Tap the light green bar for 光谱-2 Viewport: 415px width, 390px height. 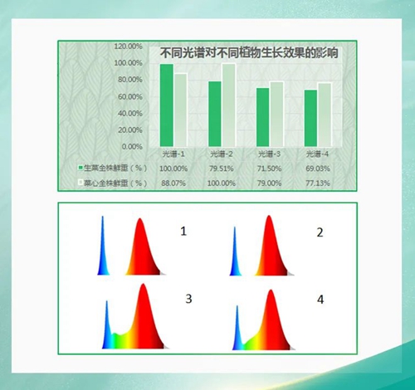[228, 105]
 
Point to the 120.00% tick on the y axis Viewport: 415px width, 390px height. [128, 46]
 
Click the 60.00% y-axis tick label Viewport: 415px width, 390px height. [129, 96]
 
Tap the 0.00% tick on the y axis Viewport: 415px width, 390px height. [132, 147]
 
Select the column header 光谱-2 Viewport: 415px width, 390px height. [221, 154]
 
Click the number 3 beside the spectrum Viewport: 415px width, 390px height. [188, 298]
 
